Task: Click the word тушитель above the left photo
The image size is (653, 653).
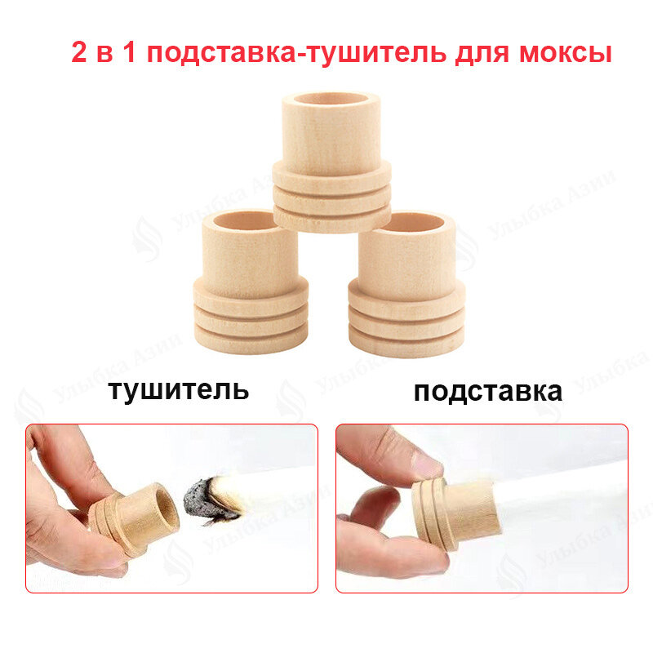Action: click(x=178, y=389)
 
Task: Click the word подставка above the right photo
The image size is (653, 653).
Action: click(x=487, y=391)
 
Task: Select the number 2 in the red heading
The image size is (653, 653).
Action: click(x=80, y=54)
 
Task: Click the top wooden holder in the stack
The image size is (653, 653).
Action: click(x=331, y=163)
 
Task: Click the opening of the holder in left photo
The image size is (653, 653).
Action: click(x=162, y=506)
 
